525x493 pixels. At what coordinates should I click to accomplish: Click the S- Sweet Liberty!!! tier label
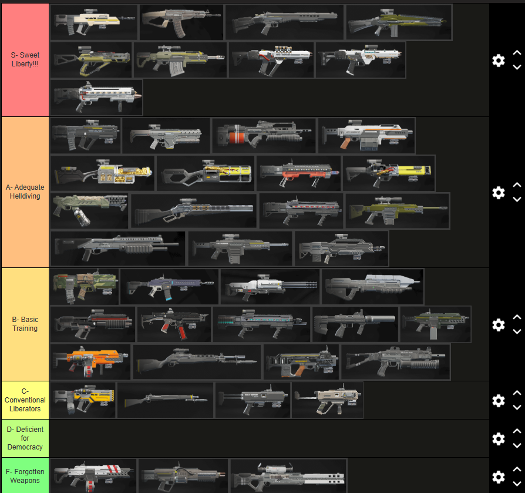coord(25,60)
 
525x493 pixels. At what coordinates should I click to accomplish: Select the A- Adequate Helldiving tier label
coord(25,192)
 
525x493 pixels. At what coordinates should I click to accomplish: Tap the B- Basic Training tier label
coord(25,324)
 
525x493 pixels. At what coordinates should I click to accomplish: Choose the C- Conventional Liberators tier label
coord(25,400)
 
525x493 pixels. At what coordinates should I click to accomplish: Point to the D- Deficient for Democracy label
coord(25,438)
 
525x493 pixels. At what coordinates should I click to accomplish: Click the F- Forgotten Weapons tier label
coord(25,476)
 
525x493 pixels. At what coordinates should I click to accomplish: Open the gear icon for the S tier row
coord(499,60)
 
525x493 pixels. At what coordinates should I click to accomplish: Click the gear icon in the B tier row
coord(499,324)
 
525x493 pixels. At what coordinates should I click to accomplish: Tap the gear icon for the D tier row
coord(499,438)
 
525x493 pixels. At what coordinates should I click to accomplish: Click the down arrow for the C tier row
coord(517,407)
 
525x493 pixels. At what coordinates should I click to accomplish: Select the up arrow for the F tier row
coord(517,469)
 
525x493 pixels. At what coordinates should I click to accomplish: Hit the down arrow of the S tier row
coord(517,67)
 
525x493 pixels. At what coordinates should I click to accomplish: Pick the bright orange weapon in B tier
coord(90,362)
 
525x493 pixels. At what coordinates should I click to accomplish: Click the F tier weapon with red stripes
coord(93,475)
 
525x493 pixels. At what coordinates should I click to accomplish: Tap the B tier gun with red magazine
coord(174,324)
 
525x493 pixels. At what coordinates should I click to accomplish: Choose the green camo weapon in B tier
coord(85,286)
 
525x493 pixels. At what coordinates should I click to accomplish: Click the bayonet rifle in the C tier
coord(165,400)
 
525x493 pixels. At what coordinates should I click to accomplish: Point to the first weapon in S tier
coord(93,22)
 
